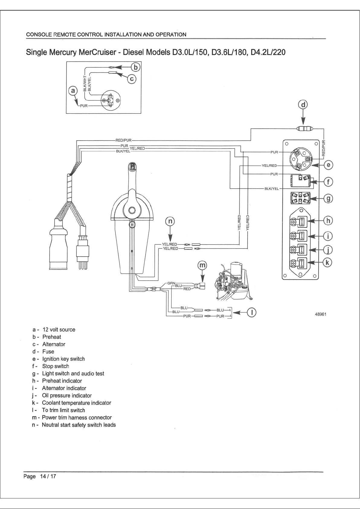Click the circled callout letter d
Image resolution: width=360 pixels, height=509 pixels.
tap(304, 105)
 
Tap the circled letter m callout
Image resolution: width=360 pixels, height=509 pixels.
tap(203, 265)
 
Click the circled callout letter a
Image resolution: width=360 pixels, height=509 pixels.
tap(73, 91)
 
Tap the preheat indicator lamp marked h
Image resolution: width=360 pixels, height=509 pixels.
tap(299, 221)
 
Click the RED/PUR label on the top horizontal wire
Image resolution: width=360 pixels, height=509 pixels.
tap(123, 140)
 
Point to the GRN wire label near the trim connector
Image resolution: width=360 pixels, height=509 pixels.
tap(171, 283)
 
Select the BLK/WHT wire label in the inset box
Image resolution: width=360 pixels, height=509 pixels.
tap(85, 83)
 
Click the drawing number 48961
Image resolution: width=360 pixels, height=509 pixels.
tap(320, 314)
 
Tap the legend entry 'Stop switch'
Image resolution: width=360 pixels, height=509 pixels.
tap(56, 366)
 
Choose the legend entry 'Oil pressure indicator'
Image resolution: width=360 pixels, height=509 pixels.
tap(67, 395)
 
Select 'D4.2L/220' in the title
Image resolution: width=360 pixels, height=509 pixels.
tap(268, 52)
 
